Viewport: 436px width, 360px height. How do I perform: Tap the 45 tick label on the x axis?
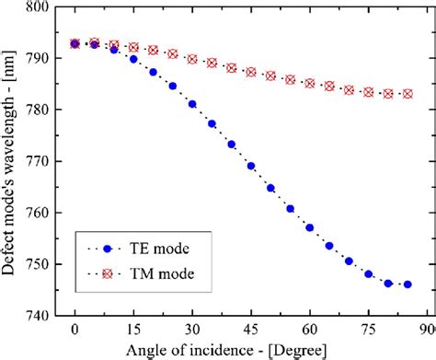point(251,329)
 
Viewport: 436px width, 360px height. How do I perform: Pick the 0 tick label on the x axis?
point(75,329)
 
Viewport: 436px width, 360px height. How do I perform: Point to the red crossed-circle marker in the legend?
point(109,274)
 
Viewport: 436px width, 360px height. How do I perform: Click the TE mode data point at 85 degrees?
point(407,285)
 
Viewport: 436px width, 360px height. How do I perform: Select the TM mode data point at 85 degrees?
point(407,94)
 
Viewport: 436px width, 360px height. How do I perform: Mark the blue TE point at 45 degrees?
point(251,166)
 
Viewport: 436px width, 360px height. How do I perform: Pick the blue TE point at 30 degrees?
point(192,104)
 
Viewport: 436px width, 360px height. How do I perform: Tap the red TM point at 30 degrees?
point(192,59)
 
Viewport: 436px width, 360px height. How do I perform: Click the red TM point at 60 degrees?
point(310,83)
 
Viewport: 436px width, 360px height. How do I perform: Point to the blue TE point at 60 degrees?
point(310,227)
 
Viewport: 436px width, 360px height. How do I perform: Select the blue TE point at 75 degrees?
point(368,273)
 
